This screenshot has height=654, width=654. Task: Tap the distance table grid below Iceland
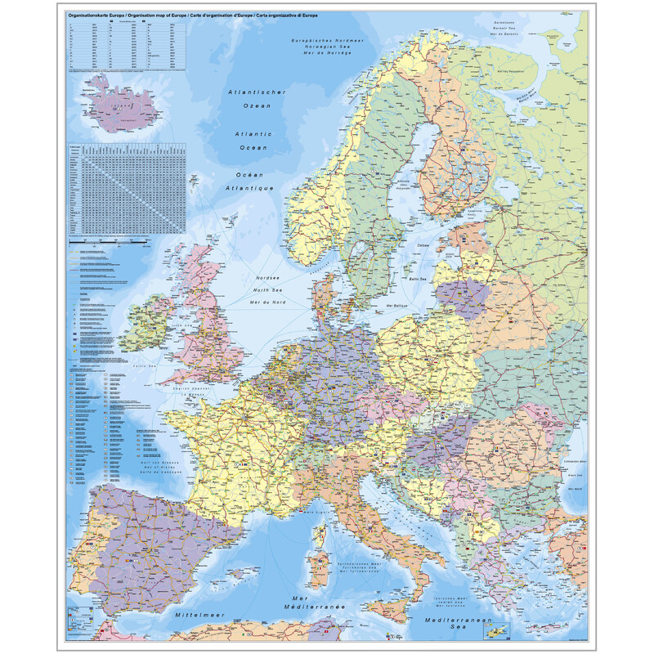click(x=127, y=188)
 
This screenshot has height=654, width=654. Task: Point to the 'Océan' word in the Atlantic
click(x=252, y=176)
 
